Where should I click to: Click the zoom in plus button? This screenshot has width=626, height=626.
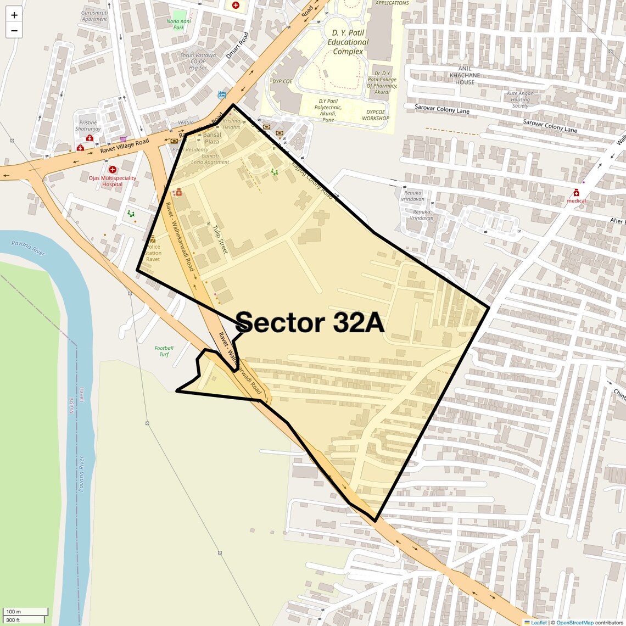click(x=14, y=15)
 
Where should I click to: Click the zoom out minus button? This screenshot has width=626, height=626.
click(x=14, y=31)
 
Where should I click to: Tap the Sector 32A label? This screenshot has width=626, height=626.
click(x=310, y=322)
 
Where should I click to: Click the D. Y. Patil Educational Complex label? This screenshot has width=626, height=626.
click(x=348, y=42)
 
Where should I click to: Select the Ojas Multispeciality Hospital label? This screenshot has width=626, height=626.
click(x=112, y=181)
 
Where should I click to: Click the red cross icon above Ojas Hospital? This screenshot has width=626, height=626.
click(x=113, y=170)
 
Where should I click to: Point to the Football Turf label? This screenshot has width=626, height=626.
click(x=164, y=351)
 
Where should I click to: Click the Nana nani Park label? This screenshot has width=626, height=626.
click(x=179, y=24)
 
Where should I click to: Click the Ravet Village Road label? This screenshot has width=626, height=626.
click(x=124, y=146)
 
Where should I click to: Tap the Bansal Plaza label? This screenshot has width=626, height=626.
click(x=212, y=138)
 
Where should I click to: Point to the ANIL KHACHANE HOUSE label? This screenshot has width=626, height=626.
click(x=465, y=75)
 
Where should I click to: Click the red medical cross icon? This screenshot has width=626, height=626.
click(x=576, y=193)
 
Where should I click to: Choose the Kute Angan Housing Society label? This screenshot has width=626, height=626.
click(x=520, y=99)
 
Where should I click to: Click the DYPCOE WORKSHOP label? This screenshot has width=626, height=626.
click(x=376, y=115)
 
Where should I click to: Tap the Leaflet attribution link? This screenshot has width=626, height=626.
click(x=538, y=622)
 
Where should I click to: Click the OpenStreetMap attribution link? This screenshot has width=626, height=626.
click(x=574, y=622)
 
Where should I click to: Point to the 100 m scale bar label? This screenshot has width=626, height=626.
click(x=13, y=612)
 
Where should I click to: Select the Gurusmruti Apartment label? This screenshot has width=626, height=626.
click(x=94, y=15)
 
